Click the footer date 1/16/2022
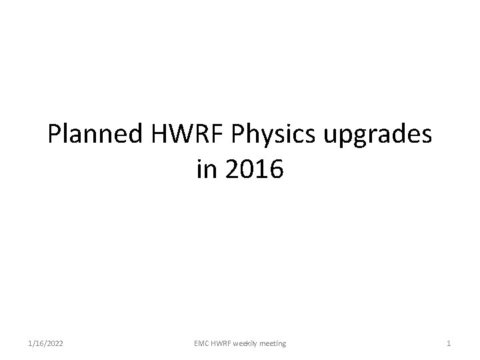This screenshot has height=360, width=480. (x=47, y=343)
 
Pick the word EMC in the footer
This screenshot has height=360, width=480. (x=201, y=343)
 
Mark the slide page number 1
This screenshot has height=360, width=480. (x=449, y=343)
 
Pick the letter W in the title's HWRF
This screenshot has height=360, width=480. (x=178, y=136)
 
